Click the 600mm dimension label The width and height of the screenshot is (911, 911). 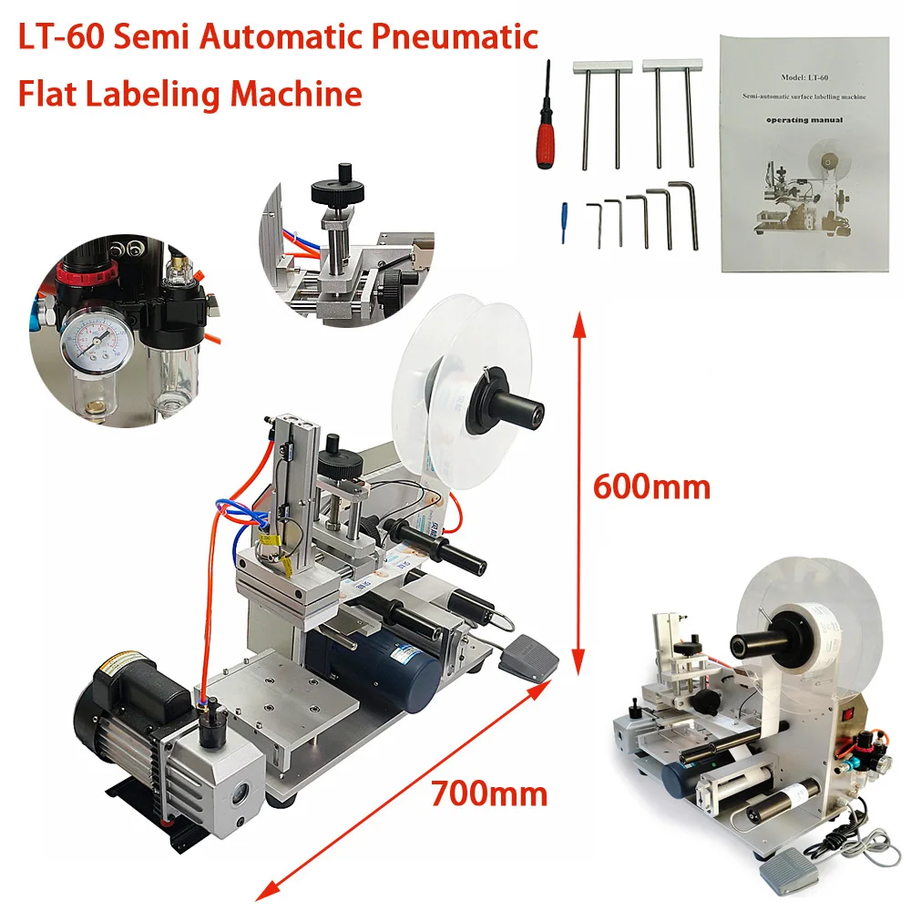(650, 486)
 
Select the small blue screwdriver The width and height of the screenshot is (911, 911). (565, 221)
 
